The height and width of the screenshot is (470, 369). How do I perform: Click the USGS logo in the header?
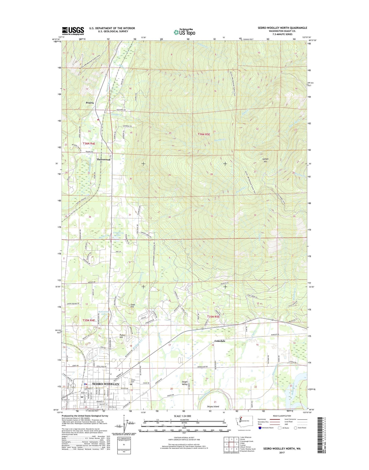point(73,31)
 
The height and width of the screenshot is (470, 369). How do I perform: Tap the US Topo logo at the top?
point(184,32)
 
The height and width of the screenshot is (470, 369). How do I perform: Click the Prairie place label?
point(90,103)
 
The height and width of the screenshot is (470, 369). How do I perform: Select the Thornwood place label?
point(103,159)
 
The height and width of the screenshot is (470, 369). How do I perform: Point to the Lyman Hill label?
point(265,160)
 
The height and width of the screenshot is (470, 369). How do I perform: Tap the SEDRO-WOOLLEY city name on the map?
point(105,384)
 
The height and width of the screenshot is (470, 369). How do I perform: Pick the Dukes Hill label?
point(121,336)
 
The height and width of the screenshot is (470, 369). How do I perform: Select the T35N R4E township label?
point(89,320)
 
